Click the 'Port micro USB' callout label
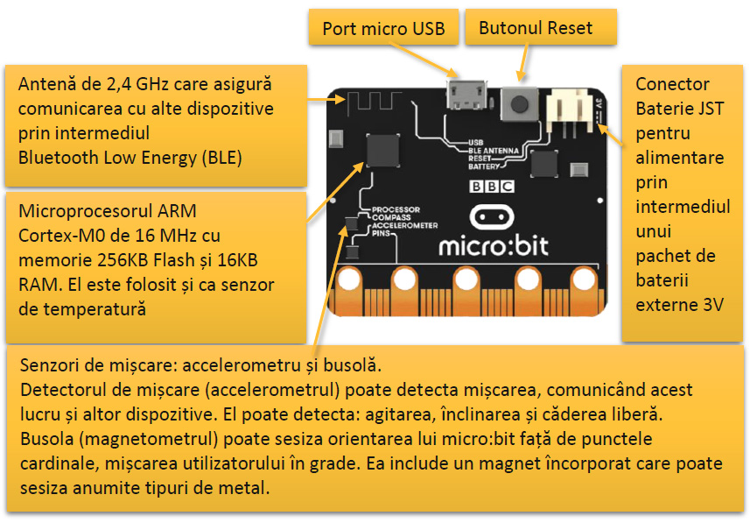tap(383, 29)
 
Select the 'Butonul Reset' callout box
tap(536, 28)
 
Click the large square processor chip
tap(383, 150)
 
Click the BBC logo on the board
tap(493, 186)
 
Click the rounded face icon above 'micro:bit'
tap(494, 216)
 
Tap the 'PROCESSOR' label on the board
tap(396, 210)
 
